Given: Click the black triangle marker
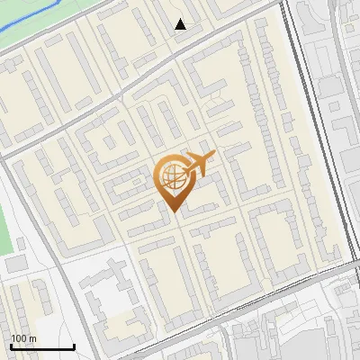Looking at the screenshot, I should [181, 24].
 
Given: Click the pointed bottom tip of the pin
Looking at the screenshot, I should [173, 210].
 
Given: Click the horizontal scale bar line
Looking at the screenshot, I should [42, 347].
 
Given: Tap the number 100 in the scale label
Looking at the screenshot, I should [18, 339].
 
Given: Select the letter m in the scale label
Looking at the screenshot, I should [31, 339].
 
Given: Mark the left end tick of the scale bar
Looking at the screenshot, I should [11, 346].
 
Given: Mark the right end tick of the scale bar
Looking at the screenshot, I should [74, 346].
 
